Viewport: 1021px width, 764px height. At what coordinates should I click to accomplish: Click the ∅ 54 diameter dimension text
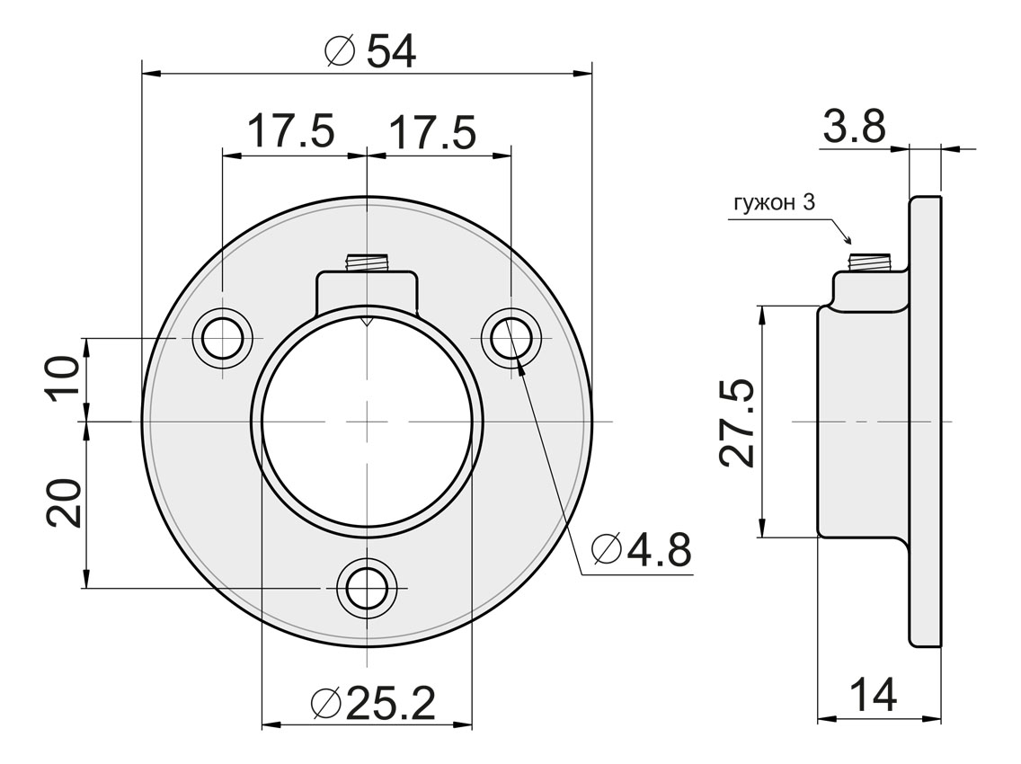tap(369, 52)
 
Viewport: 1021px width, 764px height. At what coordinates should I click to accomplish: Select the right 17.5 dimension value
tap(431, 132)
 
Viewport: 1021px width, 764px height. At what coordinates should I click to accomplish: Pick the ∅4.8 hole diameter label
tap(642, 549)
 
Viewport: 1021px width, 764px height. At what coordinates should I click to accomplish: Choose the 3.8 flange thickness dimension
tap(854, 127)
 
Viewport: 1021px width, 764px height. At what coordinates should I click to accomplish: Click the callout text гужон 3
tap(774, 203)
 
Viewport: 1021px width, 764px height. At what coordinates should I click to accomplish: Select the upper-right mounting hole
tap(511, 339)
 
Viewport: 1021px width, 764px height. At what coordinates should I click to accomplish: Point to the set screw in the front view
tap(367, 263)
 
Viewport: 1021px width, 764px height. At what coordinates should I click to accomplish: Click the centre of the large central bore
tap(367, 422)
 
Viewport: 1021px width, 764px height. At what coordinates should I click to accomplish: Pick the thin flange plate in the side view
tap(925, 421)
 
